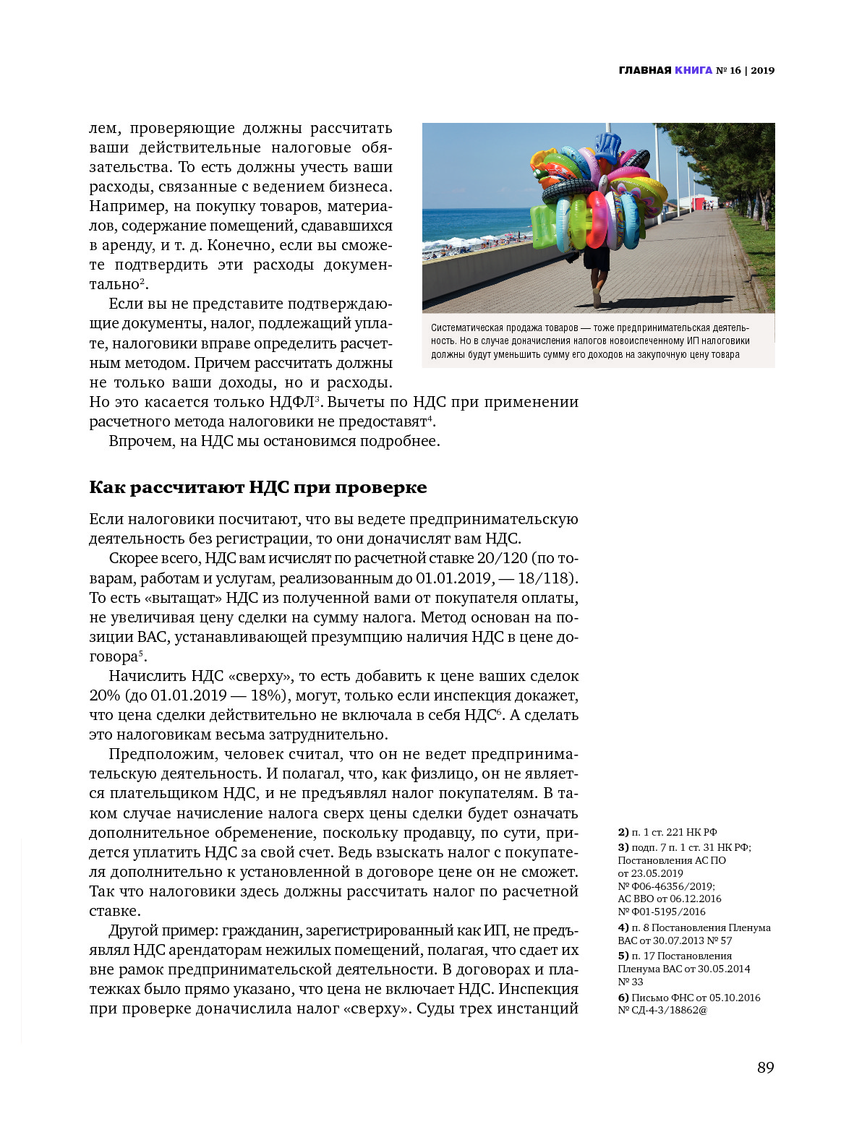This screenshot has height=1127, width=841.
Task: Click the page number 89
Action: (x=765, y=1068)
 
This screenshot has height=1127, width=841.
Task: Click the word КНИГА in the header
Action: (x=693, y=70)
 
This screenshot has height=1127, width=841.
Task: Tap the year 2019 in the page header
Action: (x=762, y=70)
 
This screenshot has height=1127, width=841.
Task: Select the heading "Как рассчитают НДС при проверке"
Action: (x=257, y=487)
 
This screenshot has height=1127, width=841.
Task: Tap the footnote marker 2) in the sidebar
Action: (x=623, y=832)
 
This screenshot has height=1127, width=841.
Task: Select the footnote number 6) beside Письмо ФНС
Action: (x=623, y=998)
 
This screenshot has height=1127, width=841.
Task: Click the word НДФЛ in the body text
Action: (x=291, y=402)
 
